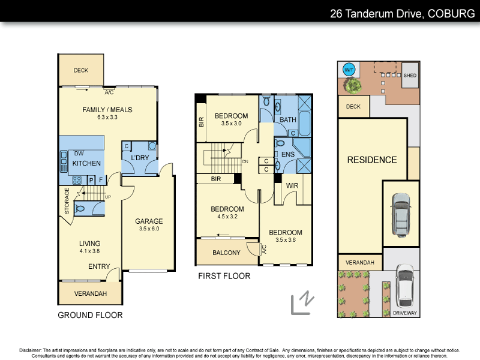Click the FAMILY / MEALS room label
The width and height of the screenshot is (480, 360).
(107, 110)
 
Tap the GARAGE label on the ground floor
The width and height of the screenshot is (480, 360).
(149, 221)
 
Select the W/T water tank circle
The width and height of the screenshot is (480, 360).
(349, 70)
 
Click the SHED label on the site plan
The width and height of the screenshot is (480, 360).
(410, 76)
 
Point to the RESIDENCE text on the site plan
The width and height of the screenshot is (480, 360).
(372, 160)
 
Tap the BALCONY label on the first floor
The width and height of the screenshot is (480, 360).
(226, 253)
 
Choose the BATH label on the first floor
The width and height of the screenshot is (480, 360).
(288, 119)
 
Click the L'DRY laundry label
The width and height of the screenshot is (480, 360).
(139, 158)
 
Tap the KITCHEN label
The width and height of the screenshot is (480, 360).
(86, 163)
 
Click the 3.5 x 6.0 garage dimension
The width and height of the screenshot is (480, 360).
(149, 229)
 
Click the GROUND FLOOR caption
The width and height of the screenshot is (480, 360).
(90, 315)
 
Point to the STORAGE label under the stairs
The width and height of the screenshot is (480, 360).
(67, 200)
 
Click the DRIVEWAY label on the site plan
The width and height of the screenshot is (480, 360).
(404, 313)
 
